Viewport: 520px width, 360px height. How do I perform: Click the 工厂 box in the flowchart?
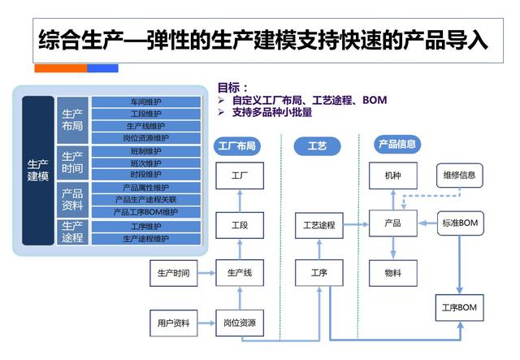[x=240, y=176]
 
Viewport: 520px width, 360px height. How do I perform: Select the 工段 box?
[x=240, y=224]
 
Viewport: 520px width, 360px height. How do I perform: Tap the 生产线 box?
[x=240, y=273]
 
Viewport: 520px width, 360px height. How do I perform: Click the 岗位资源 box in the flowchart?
[x=240, y=323]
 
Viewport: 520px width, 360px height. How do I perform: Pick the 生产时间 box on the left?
[x=174, y=273]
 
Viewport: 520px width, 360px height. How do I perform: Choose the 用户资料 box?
[x=174, y=323]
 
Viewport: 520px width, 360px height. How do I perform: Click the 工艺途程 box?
[x=319, y=224]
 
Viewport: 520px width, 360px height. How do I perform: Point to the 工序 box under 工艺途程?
[x=319, y=273]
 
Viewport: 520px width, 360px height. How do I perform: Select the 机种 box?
[x=392, y=176]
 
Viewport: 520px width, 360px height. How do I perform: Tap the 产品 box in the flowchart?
[x=392, y=223]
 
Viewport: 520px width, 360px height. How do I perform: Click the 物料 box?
[x=392, y=273]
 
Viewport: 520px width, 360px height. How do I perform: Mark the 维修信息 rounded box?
[x=460, y=175]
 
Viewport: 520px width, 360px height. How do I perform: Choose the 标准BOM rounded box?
[x=460, y=223]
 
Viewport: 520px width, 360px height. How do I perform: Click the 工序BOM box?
[x=460, y=307]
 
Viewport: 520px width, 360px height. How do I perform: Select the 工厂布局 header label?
[x=238, y=146]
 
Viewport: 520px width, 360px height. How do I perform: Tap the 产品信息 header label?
[x=397, y=145]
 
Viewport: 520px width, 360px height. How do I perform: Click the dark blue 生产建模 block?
[x=38, y=171]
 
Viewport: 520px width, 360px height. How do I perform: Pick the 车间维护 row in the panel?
[x=146, y=102]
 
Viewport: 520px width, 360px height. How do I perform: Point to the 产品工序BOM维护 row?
[x=146, y=212]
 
